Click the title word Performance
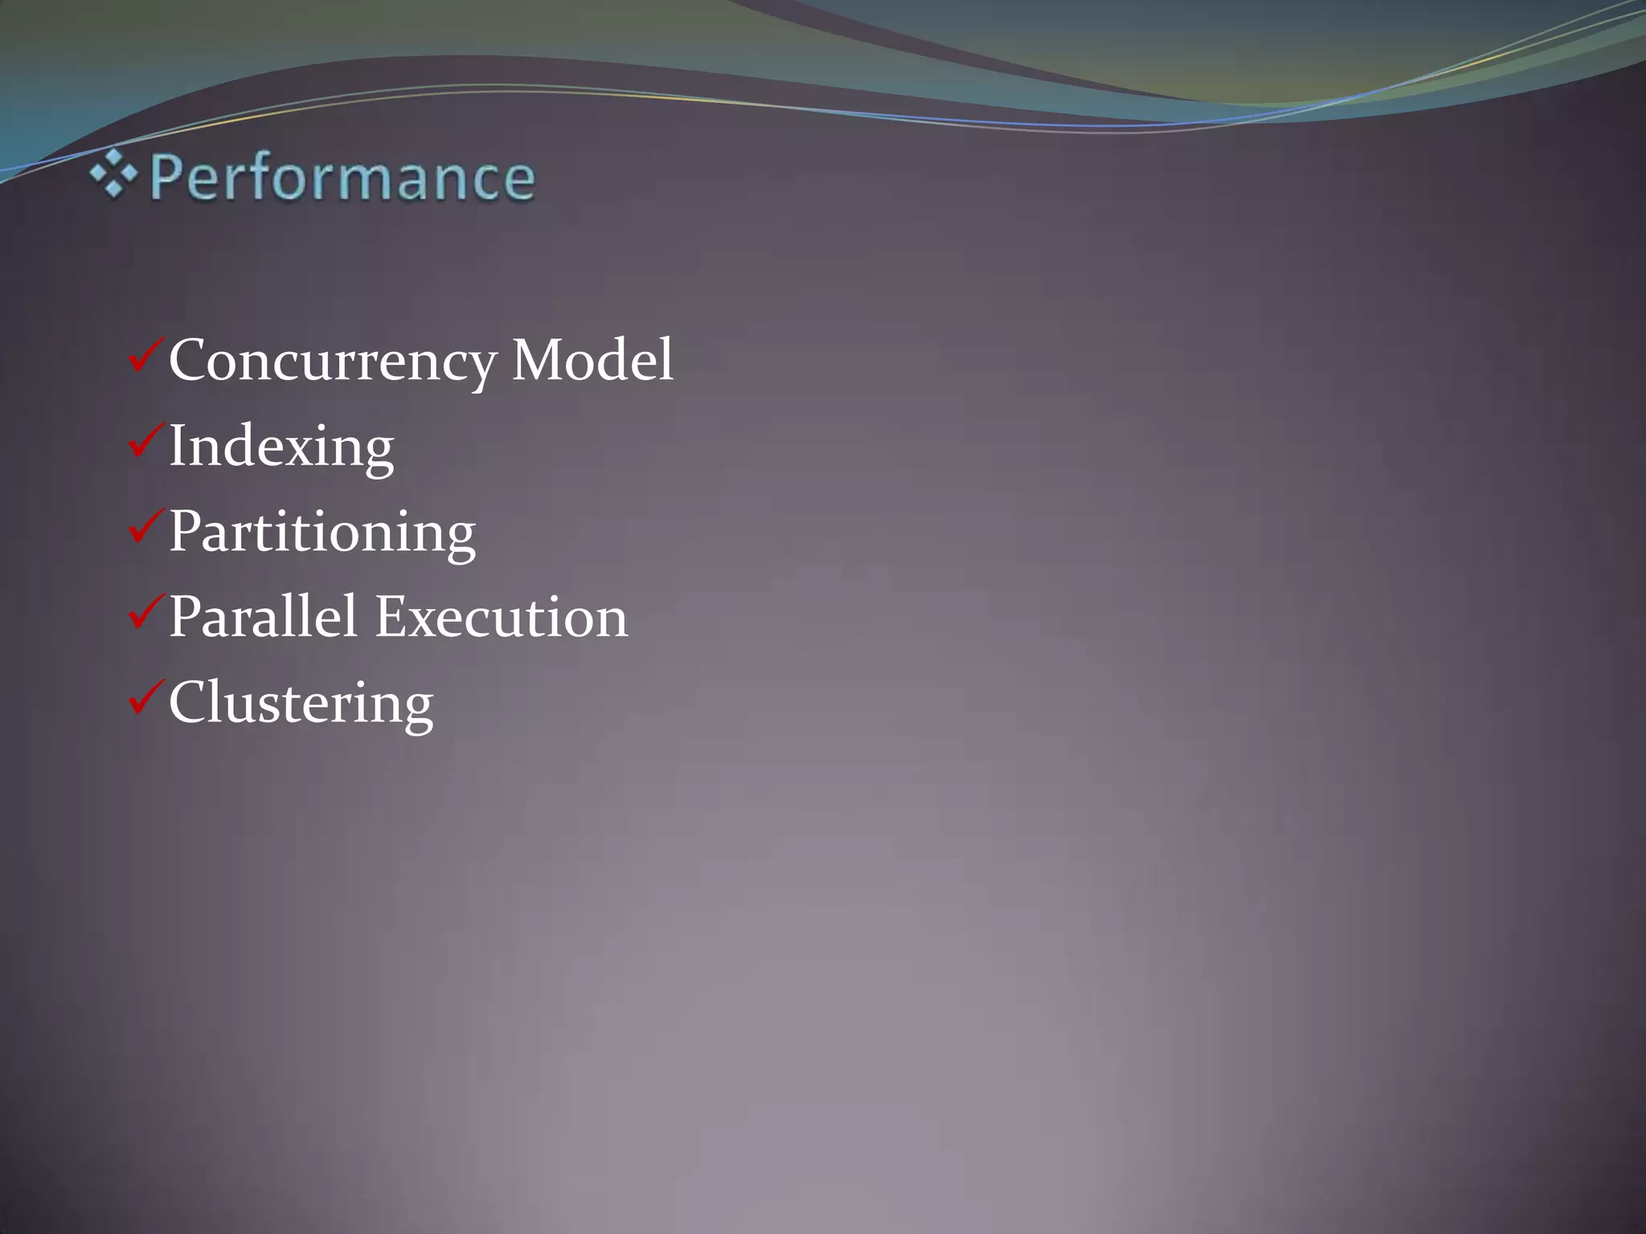(x=342, y=178)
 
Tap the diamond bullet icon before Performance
(x=113, y=174)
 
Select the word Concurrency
(x=332, y=361)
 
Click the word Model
(x=592, y=361)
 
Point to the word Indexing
(x=281, y=447)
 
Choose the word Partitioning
(x=321, y=533)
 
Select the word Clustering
(x=301, y=704)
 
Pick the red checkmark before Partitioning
(x=145, y=527)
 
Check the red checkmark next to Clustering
(x=145, y=698)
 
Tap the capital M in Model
(x=540, y=360)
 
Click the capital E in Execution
(x=394, y=617)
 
